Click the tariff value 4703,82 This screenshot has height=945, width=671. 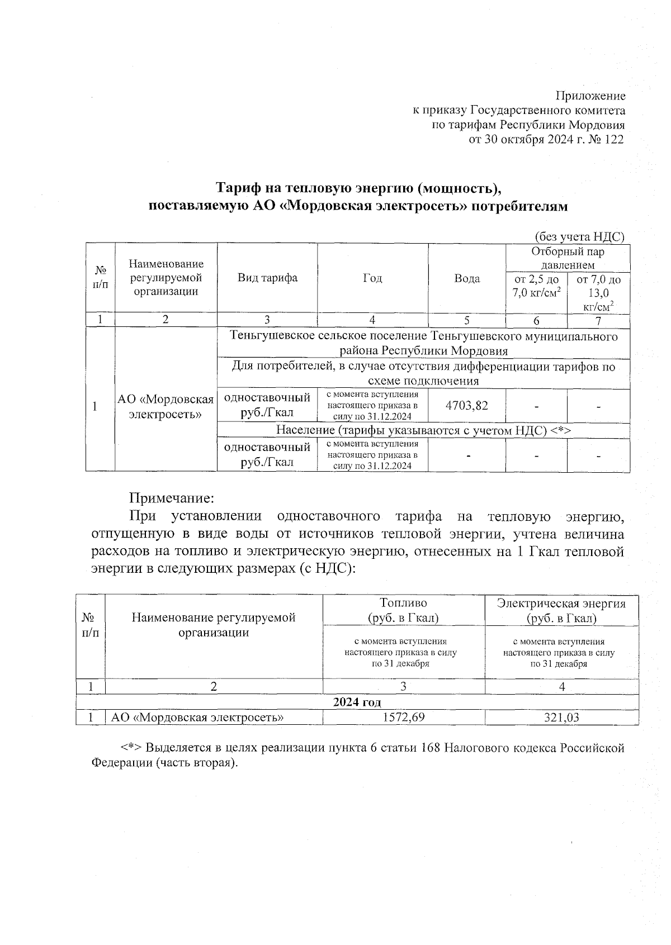(x=466, y=405)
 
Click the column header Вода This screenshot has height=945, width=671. (x=467, y=278)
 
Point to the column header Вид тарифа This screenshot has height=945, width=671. (x=267, y=278)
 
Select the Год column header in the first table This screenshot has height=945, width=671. (x=372, y=278)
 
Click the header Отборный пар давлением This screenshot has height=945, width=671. (x=567, y=258)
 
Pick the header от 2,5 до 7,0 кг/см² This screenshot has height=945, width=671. (x=536, y=286)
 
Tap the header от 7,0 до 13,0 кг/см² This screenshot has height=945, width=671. (x=598, y=292)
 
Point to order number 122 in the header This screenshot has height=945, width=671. (x=613, y=140)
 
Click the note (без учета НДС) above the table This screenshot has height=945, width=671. (x=579, y=236)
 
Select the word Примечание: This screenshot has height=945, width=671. (x=172, y=497)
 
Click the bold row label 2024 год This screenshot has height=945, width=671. (x=357, y=702)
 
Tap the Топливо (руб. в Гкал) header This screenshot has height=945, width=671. (x=403, y=610)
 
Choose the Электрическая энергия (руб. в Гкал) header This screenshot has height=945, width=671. (x=561, y=610)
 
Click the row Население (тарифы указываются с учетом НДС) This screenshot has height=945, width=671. (x=423, y=430)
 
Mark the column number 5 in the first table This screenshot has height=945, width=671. (x=466, y=320)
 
